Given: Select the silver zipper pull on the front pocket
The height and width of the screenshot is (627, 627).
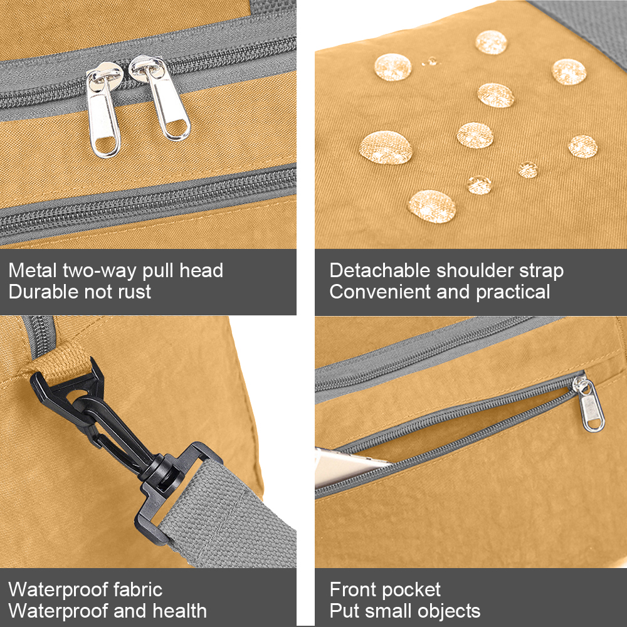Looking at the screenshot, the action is coord(589,403).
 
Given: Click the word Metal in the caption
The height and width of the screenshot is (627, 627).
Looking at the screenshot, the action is coord(33,271).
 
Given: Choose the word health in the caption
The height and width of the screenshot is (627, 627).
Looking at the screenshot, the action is coord(179,611).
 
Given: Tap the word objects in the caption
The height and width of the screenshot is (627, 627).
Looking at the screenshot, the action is coord(449,611).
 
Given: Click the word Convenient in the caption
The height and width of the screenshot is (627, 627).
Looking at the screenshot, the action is coord(381,292).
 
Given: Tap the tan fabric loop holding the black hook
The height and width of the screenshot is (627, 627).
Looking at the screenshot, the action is coord(60,362).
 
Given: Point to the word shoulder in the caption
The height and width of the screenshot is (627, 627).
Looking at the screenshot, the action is coord(475,271).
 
